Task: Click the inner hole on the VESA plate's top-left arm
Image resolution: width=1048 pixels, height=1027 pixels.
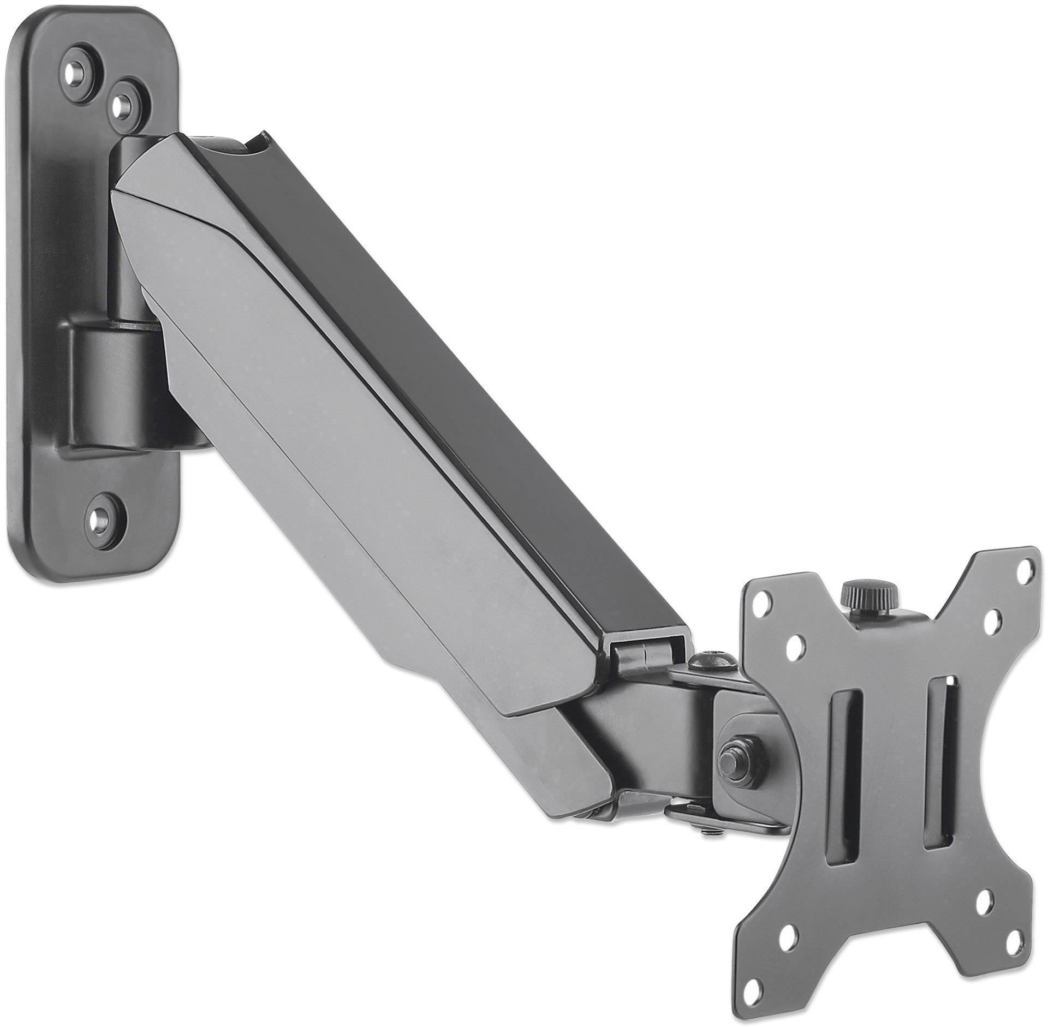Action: coord(796,650)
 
